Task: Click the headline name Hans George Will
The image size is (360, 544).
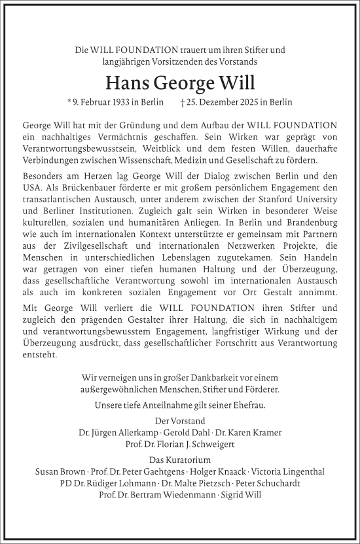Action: point(179,83)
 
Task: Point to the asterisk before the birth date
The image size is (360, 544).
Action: point(69,101)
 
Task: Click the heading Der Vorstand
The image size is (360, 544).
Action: point(179,421)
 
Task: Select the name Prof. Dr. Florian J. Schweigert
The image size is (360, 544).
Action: point(179,444)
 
